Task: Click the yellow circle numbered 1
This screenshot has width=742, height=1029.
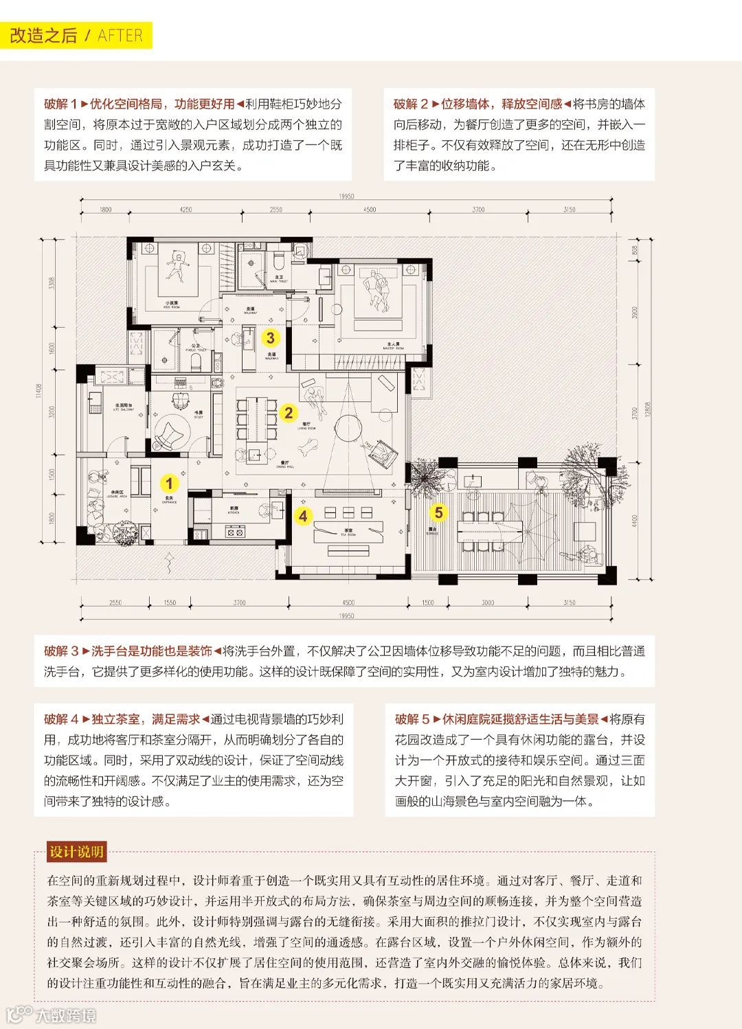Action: [x=169, y=483]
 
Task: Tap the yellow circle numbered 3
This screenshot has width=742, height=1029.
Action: [x=271, y=337]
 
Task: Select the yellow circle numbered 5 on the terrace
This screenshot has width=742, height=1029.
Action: [x=438, y=512]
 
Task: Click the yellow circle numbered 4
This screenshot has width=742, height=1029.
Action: [x=304, y=515]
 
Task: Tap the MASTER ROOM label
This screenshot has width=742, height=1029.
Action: [x=394, y=346]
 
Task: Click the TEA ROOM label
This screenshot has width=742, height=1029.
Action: [x=348, y=532]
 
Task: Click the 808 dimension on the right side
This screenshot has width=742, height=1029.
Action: [x=635, y=250]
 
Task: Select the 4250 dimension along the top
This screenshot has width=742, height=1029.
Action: [x=185, y=210]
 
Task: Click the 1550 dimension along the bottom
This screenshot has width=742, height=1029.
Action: [x=170, y=602]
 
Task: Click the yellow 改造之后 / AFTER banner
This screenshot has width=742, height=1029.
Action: [x=76, y=36]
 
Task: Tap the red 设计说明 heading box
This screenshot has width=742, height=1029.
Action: [x=76, y=852]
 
